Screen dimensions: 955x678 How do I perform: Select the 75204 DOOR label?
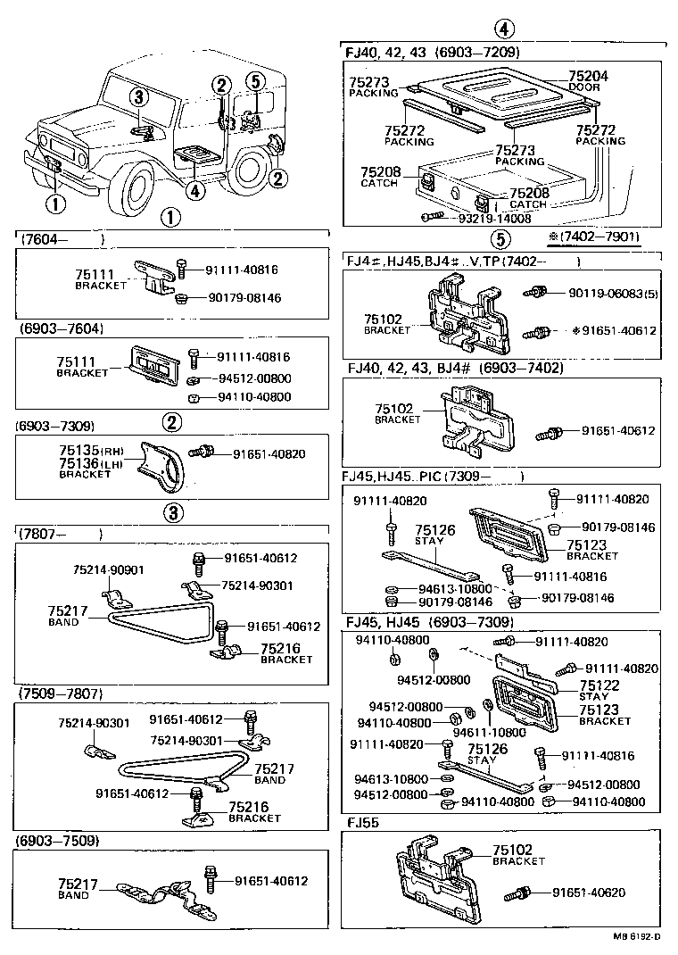point(588,81)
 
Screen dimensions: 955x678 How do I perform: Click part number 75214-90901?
point(108,569)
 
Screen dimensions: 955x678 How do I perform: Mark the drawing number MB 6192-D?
point(636,937)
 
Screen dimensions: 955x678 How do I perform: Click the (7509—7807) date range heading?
point(60,693)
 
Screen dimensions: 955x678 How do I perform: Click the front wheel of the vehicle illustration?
point(138,190)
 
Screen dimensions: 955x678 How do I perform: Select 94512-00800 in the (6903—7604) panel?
point(254,378)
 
